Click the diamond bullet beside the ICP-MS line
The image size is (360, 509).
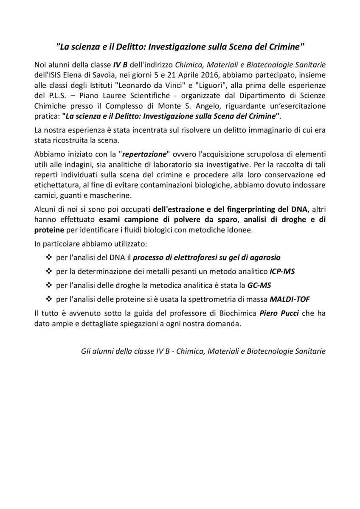(48, 271)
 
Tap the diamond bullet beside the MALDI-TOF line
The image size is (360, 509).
(48, 299)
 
